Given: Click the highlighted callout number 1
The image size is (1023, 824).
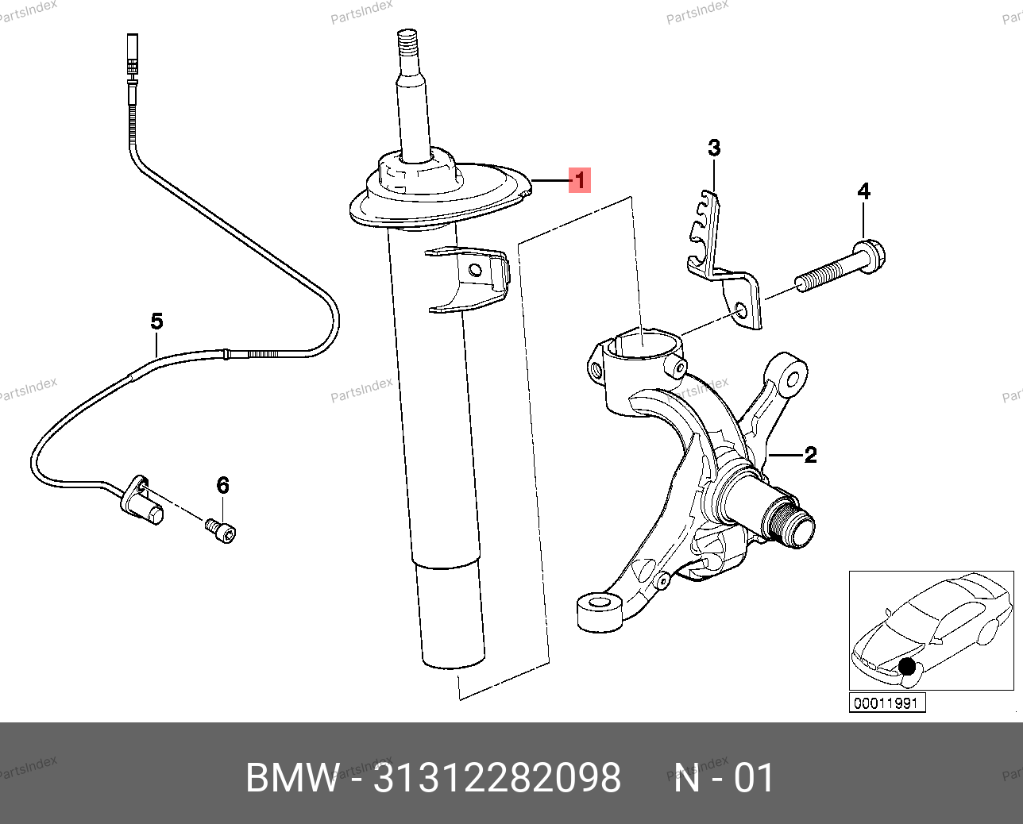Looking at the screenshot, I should (580, 180).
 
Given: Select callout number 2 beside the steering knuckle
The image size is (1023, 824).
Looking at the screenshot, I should (810, 455).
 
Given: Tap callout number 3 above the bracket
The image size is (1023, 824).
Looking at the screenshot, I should (714, 148).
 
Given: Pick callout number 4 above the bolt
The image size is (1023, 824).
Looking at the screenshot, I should (864, 191).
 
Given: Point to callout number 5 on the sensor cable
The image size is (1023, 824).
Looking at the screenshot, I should (157, 322).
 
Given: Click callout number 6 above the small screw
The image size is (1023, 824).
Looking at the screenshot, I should (222, 484).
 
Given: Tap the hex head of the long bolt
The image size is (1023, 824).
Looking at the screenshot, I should (872, 258).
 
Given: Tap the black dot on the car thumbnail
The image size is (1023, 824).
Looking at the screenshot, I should (906, 668).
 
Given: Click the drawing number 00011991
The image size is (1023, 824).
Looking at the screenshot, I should (887, 703).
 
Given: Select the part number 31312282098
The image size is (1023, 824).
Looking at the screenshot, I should (497, 778).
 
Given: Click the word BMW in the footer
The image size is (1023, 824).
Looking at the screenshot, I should (293, 778).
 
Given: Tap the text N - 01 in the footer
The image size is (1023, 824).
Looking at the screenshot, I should (724, 778).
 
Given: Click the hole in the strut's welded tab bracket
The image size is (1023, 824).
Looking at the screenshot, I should (475, 271).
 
